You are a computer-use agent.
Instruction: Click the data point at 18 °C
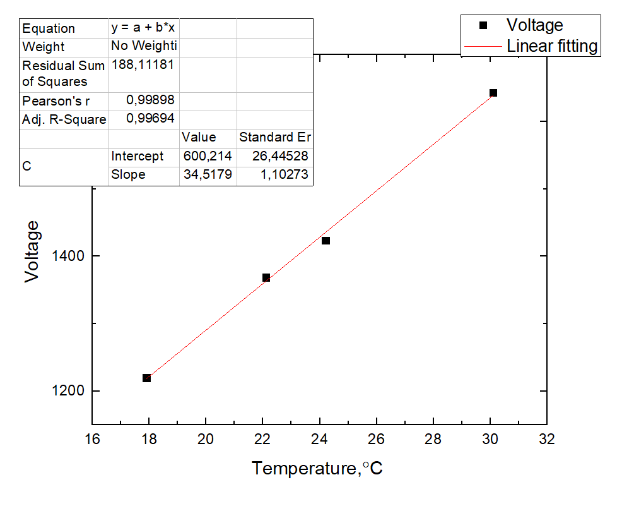[146, 378]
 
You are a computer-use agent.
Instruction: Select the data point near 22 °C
[266, 277]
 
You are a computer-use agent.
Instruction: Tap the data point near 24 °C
[326, 241]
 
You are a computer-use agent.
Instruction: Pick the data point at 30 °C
[493, 93]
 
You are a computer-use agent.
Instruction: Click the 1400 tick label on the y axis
[67, 256]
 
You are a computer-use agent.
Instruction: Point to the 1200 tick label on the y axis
[67, 391]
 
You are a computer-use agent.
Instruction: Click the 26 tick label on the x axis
[377, 439]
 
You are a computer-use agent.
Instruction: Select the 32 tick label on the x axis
[547, 439]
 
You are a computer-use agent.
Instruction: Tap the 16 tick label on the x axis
[92, 439]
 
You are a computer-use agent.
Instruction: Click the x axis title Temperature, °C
[317, 469]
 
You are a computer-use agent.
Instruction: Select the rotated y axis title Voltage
[33, 251]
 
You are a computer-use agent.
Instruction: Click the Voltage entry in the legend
[534, 25]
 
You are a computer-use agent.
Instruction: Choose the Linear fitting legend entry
[551, 46]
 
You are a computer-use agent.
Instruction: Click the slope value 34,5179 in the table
[208, 174]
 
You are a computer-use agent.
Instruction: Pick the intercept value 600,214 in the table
[208, 156]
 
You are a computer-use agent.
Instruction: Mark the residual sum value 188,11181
[143, 64]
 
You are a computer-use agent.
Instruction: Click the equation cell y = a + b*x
[143, 28]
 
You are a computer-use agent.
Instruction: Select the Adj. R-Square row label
[64, 119]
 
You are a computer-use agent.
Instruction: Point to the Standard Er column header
[274, 137]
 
